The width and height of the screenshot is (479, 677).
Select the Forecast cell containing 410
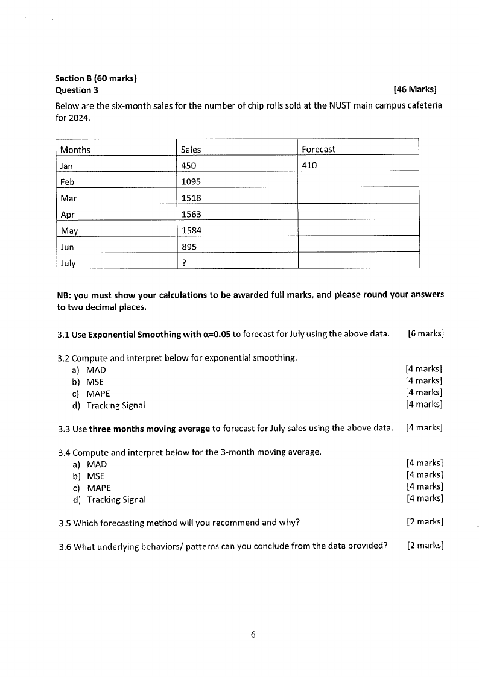(309, 165)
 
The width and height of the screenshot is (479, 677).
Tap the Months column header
(75, 150)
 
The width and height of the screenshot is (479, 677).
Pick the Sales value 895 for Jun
(188, 247)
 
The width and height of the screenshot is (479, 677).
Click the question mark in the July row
(183, 263)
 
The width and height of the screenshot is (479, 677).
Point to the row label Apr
(68, 214)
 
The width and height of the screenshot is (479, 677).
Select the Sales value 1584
(191, 230)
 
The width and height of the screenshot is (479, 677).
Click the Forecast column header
(319, 149)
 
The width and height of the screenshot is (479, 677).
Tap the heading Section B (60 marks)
(96, 78)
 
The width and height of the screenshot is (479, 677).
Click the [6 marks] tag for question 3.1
(426, 333)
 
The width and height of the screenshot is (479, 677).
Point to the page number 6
(253, 634)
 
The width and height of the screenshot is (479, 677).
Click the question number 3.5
(65, 523)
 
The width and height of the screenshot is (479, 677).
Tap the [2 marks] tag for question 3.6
(425, 546)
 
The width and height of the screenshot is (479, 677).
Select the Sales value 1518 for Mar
(191, 198)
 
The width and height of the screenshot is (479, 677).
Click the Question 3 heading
(77, 90)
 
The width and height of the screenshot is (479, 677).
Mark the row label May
(69, 230)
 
